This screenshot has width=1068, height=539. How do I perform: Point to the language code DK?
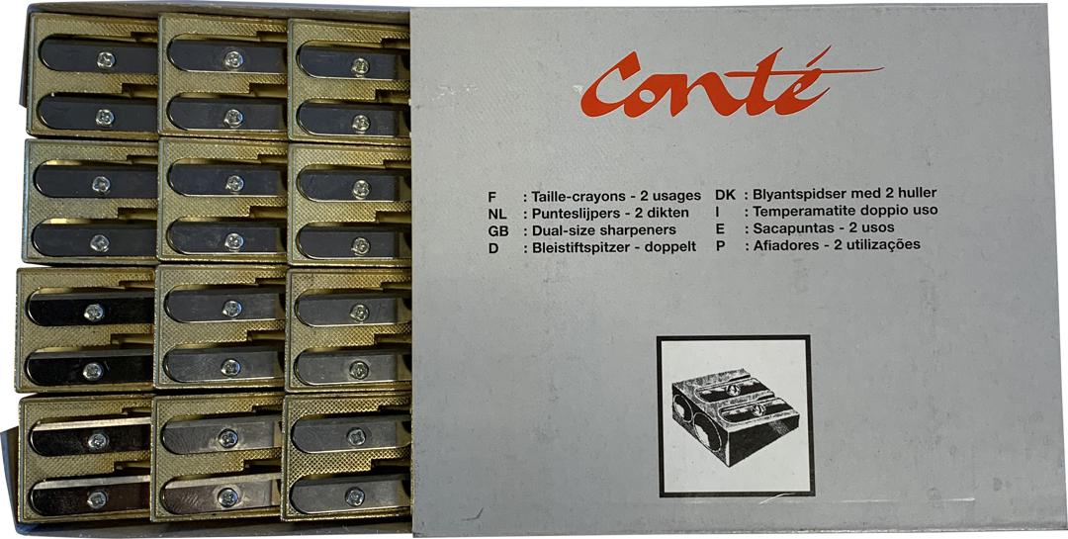(726, 194)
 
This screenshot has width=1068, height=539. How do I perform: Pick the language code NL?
(497, 214)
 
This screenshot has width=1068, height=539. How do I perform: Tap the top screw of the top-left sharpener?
(106, 60)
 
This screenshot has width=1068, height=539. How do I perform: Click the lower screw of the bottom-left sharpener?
(97, 499)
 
